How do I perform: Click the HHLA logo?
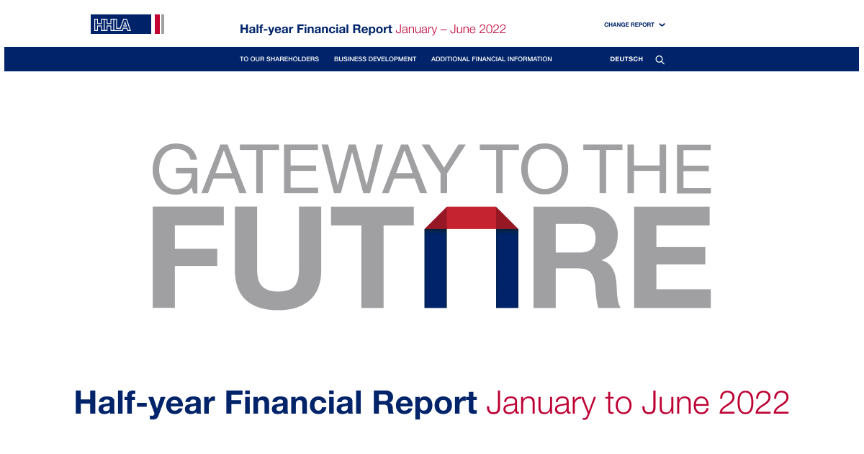click(x=127, y=25)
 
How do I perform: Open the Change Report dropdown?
click(x=634, y=25)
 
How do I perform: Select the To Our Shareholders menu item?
click(x=279, y=59)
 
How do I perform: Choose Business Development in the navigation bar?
click(x=375, y=59)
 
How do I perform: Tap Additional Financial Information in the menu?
click(x=492, y=59)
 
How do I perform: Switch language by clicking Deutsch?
click(x=626, y=59)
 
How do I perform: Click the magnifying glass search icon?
click(x=660, y=60)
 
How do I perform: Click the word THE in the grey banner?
click(x=646, y=169)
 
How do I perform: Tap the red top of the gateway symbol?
click(x=472, y=218)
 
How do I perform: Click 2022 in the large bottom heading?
click(x=753, y=403)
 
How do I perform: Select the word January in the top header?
click(x=416, y=30)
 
